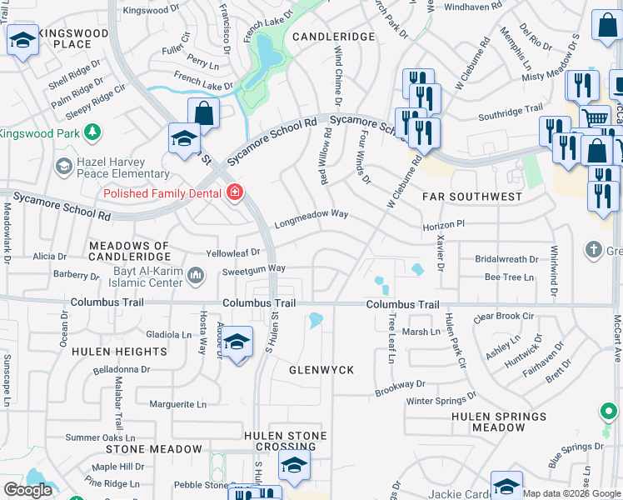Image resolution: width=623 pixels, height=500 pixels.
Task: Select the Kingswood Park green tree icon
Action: point(92,132)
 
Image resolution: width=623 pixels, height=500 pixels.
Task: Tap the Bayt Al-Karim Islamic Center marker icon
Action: point(196,275)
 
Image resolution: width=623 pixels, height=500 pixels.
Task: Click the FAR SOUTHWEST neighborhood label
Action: point(471,197)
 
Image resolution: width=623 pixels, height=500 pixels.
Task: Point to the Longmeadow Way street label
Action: point(311,216)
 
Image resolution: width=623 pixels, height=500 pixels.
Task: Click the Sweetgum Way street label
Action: point(253,269)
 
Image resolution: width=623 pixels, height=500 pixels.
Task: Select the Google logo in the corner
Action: point(27,490)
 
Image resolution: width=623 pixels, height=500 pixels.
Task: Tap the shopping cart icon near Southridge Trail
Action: point(594,118)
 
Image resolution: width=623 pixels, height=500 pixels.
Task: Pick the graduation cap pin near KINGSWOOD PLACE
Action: point(22,40)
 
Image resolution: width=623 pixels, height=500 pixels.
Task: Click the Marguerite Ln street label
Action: point(177,405)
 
